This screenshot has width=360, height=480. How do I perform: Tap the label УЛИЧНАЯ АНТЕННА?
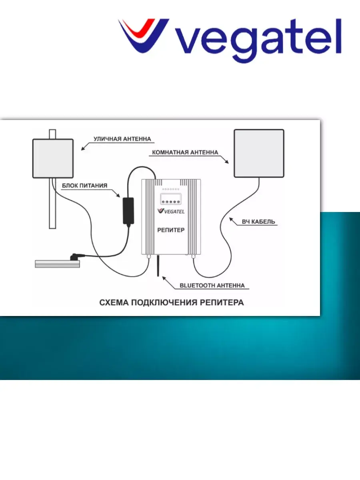122,139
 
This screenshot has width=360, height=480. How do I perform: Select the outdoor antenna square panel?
53,158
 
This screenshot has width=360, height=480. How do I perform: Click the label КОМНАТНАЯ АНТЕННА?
185,152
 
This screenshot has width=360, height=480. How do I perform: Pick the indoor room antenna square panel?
259,153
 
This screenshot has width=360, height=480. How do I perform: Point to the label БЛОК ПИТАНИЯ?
85,186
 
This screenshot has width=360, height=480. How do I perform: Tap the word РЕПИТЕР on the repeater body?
171,230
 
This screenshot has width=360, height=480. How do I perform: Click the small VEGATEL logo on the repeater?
171,211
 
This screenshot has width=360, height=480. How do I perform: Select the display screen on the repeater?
171,198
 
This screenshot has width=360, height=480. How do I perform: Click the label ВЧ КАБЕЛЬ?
258,221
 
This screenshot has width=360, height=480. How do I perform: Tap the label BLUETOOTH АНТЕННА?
212,286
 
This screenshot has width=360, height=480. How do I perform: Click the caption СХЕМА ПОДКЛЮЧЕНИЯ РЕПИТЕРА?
171,302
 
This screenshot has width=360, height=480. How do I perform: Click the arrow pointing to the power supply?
115,193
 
